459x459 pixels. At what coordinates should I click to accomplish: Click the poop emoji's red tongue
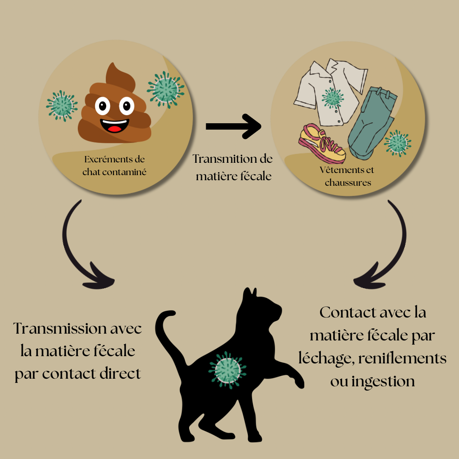pyautogui.click(x=115, y=128)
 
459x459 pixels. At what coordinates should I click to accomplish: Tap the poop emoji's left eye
pyautogui.click(x=102, y=106)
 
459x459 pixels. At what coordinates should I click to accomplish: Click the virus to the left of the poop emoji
pyautogui.click(x=62, y=106)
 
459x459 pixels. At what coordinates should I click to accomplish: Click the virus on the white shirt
pyautogui.click(x=332, y=98)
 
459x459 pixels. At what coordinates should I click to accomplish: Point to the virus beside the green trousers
pyautogui.click(x=397, y=143)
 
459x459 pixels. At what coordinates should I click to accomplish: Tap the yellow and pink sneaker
pyautogui.click(x=322, y=144)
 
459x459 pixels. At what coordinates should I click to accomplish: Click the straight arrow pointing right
pyautogui.click(x=233, y=126)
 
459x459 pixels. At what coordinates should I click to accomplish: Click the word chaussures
pyautogui.click(x=348, y=183)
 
